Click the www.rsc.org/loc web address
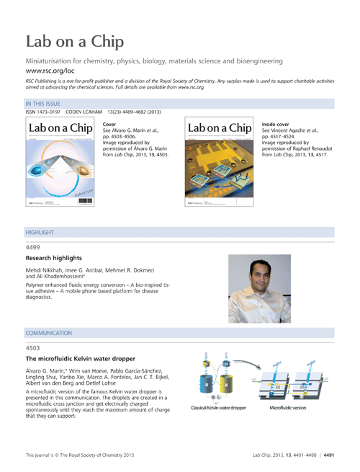tap(50, 73)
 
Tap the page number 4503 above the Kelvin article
tap(32, 347)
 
